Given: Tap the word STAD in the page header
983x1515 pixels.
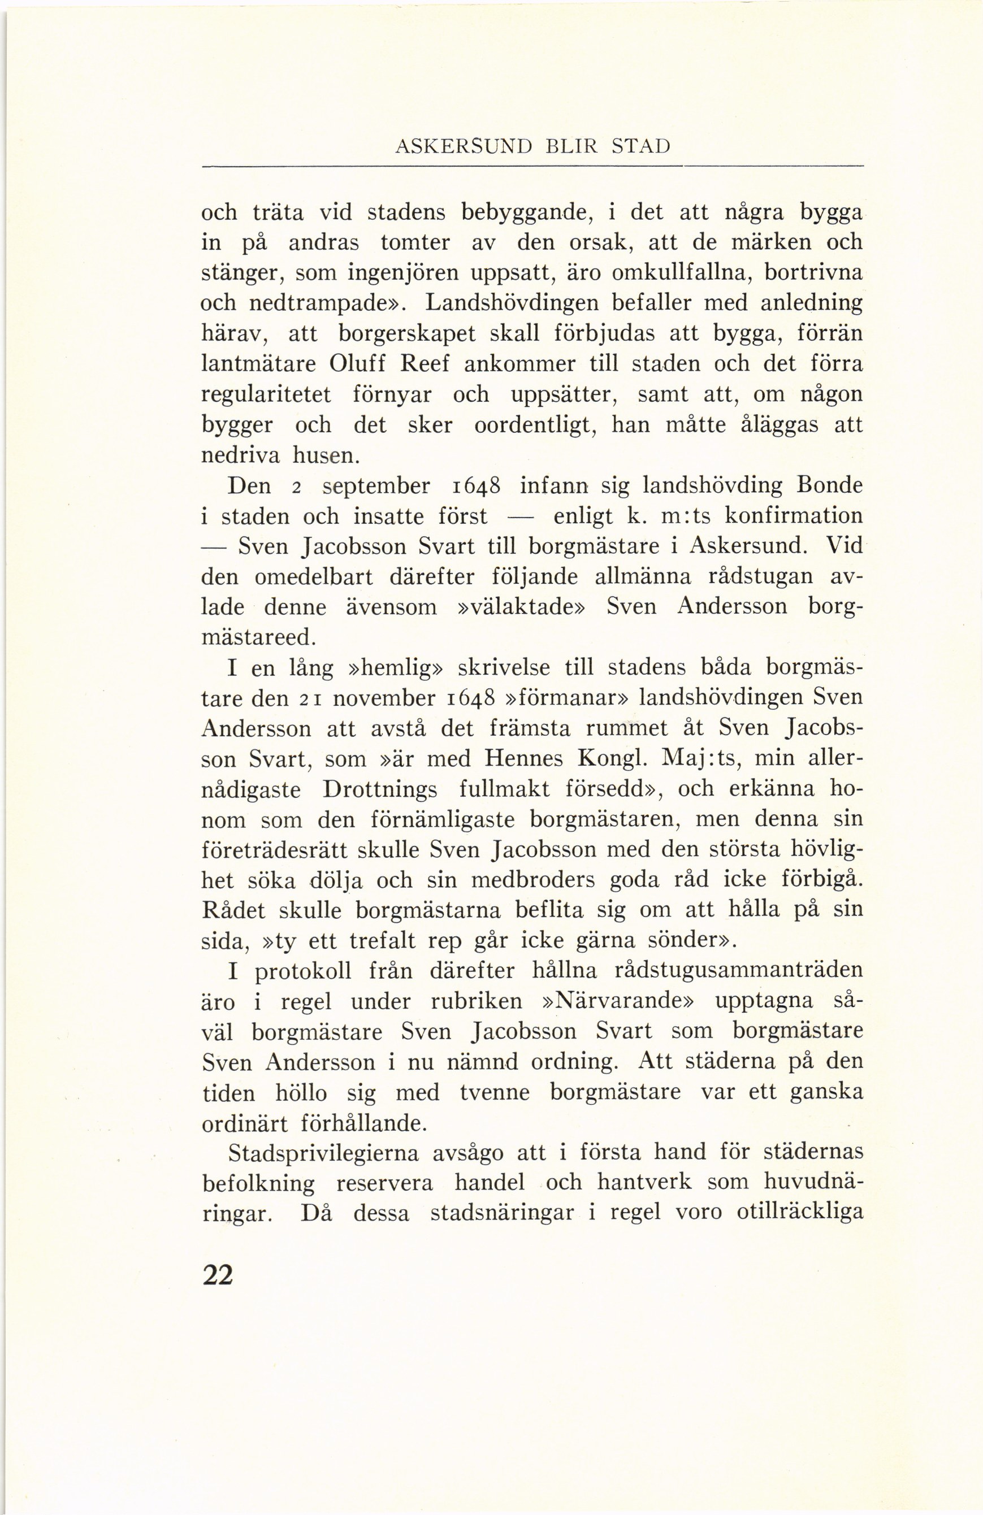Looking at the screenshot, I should pyautogui.click(x=640, y=147).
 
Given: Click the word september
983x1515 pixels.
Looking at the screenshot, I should pyautogui.click(x=376, y=487).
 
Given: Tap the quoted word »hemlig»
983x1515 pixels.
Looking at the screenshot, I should pyautogui.click(x=395, y=668).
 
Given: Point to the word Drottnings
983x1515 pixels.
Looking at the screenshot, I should pyautogui.click(x=379, y=790).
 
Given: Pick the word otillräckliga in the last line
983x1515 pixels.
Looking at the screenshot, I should pyautogui.click(x=799, y=1213).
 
